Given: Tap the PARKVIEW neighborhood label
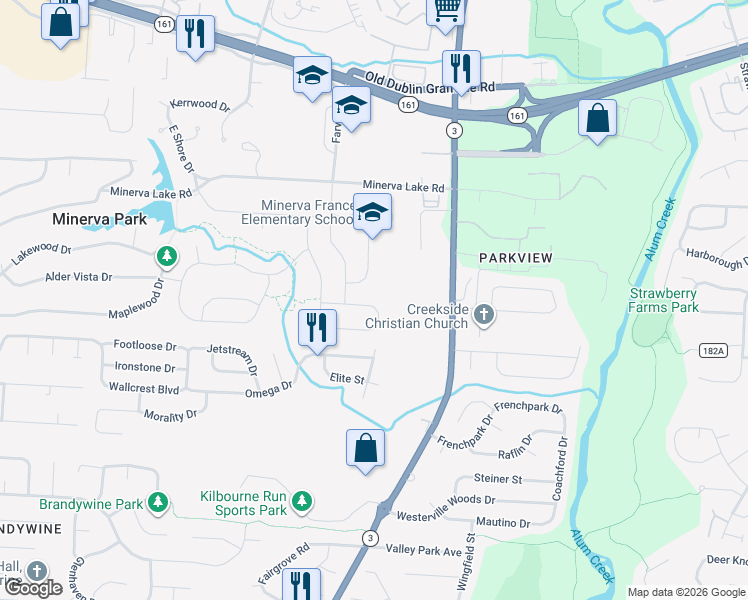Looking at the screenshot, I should point(515,258).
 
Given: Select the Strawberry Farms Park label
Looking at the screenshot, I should point(664,300).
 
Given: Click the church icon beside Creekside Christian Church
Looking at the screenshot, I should point(484,316).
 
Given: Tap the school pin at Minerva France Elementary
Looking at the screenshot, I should point(373,213).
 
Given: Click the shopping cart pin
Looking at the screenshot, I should point(446,11).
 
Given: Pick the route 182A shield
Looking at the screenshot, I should point(711,351).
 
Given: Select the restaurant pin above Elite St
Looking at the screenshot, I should point(317,328).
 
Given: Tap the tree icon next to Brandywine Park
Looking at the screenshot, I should point(157,501).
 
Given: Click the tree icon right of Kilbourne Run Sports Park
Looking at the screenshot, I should point(301,501).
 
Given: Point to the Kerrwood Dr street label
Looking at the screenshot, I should point(200,103).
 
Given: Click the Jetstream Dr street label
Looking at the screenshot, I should point(231,350).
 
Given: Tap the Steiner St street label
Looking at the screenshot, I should point(498,479).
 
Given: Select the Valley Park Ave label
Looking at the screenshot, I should point(430,550).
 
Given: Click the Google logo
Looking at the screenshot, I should point(33,588).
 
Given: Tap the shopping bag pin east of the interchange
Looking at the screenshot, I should point(597,119).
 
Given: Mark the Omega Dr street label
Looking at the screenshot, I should point(268,390).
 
